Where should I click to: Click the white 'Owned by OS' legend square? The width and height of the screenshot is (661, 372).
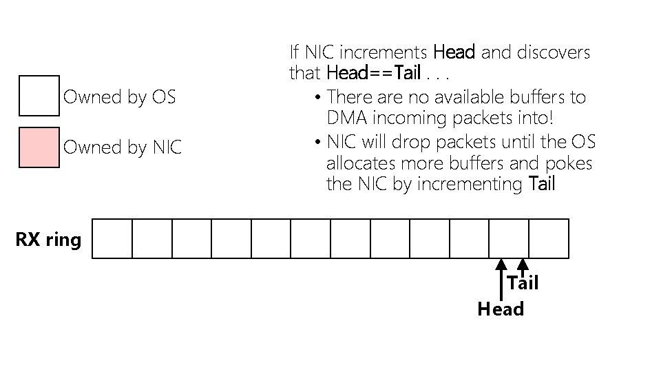point(39,96)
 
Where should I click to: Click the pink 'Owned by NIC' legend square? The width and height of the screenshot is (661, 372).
point(39,147)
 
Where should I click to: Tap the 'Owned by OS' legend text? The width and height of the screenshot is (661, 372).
point(119,97)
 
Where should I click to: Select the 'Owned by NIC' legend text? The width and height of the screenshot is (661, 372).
point(123,147)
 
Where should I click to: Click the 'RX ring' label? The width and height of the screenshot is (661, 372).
point(48,240)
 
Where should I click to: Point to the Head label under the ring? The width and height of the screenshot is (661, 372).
point(501,309)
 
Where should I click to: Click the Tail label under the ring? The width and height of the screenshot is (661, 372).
point(523,283)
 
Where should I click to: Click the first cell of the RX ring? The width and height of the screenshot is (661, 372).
point(112,238)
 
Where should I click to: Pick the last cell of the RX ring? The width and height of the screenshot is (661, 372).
point(549,238)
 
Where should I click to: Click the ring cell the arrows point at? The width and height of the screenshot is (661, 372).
point(509,238)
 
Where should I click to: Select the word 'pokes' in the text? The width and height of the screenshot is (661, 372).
point(569,164)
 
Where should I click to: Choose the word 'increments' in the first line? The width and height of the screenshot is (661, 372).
point(384,52)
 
